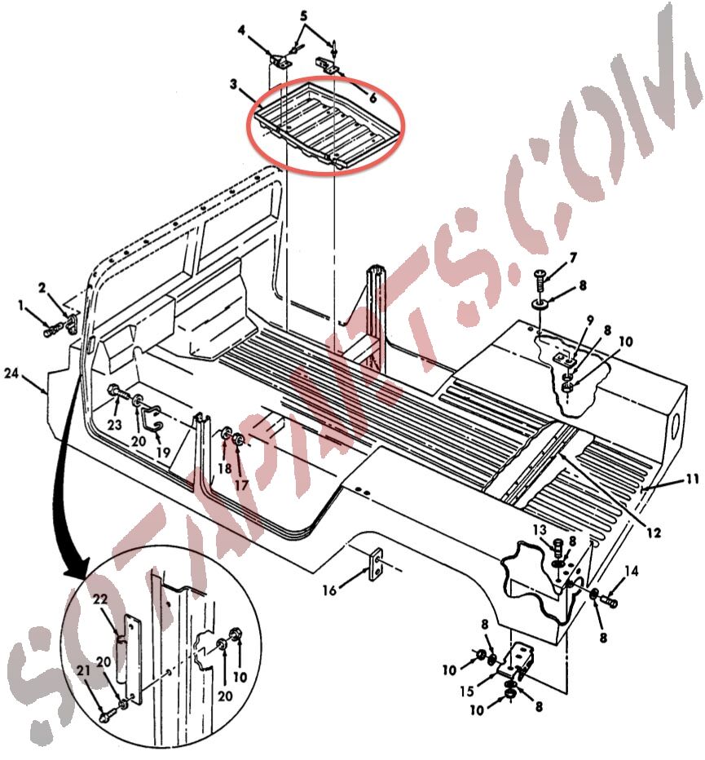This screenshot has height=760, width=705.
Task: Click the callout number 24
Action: (x=12, y=373)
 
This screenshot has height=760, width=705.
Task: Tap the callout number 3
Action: (x=234, y=84)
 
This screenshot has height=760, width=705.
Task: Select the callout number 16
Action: (x=329, y=590)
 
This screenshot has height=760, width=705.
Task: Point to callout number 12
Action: (x=654, y=532)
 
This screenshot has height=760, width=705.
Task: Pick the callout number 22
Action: (x=100, y=599)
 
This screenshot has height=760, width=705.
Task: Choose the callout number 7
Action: (x=573, y=258)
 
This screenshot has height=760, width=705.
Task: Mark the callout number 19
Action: (x=163, y=452)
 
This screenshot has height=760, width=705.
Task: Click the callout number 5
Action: (x=304, y=15)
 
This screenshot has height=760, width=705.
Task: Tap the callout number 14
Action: (x=632, y=572)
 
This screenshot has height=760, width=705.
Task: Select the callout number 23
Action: (x=114, y=425)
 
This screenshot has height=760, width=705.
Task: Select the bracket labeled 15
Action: (x=516, y=661)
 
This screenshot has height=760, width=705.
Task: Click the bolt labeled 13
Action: (x=558, y=547)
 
